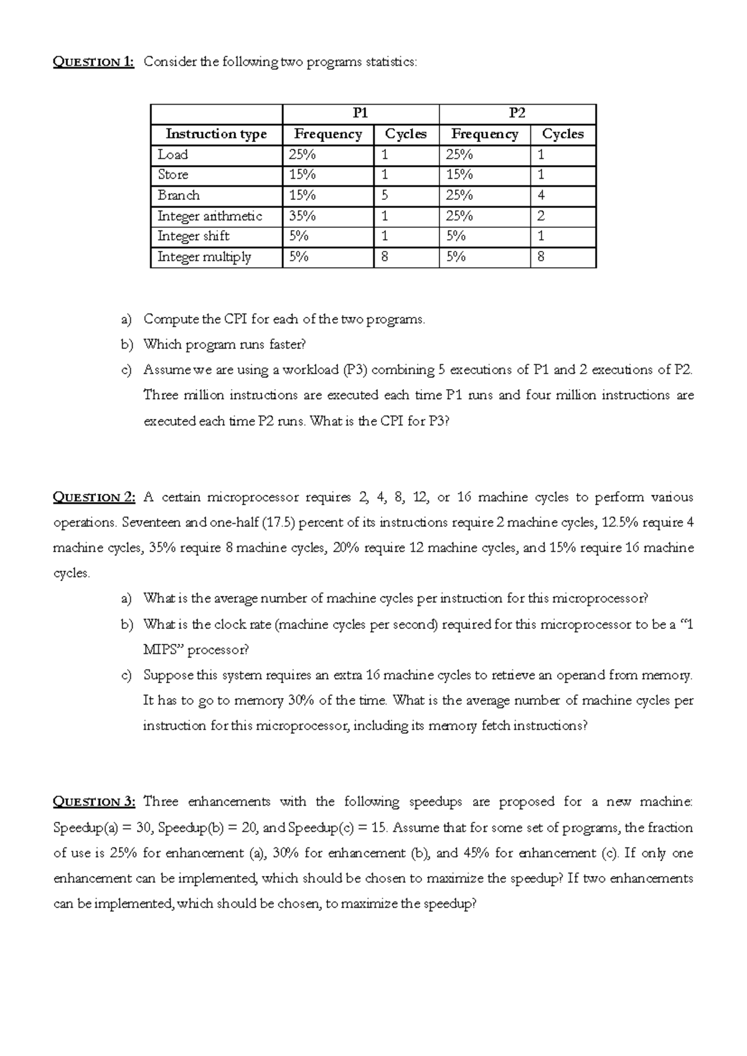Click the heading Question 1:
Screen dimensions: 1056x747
93,62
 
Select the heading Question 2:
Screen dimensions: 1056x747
93,497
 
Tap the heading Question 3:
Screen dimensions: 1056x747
93,802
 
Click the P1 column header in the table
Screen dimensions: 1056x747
360,113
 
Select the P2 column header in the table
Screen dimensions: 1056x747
517,113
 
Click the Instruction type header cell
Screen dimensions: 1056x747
216,134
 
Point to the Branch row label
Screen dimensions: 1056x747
179,196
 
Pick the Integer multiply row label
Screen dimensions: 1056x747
204,257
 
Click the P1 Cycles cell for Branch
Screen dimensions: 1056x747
385,196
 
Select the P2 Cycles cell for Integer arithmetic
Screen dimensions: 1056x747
541,216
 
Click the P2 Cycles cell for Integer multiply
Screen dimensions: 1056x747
540,257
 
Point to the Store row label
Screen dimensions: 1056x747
173,175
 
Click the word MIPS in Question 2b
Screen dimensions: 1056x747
161,650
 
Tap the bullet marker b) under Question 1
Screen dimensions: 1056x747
127,344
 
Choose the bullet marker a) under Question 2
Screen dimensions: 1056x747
127,599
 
